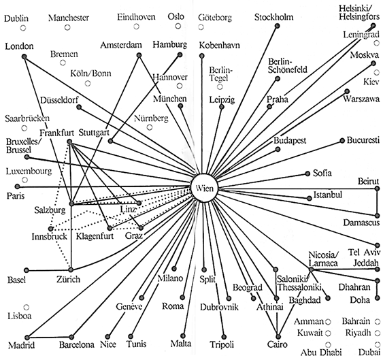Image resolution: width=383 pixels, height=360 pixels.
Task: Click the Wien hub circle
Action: coord(204,188)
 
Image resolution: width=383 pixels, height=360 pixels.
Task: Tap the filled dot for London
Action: coord(24,57)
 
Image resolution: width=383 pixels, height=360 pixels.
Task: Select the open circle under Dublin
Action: coord(23,28)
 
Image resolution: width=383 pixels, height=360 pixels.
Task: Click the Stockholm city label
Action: coord(273,17)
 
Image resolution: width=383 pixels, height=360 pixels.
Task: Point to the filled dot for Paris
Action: coord(17,186)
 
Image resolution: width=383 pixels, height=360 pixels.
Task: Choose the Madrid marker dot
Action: coord(28,338)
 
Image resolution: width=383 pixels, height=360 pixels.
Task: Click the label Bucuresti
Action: coord(363,140)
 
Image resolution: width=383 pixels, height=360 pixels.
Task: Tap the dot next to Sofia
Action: coord(307,174)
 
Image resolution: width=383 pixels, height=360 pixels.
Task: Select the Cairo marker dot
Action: coord(278,337)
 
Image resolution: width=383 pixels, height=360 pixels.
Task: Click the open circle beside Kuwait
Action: coord(329,333)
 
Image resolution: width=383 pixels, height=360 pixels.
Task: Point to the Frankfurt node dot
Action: coord(69,142)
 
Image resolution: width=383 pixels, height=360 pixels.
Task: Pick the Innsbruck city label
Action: coord(49,237)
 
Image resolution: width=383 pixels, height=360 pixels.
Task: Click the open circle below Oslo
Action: coord(178,26)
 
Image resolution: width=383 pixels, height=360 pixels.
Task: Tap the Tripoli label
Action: coord(222,344)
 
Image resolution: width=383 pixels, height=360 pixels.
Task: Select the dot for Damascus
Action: coord(377,215)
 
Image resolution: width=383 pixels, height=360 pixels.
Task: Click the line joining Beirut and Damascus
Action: coord(377,202)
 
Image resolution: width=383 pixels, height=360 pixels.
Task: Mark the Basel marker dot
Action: coord(27,270)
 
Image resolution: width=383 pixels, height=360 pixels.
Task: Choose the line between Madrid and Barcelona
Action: coord(50,338)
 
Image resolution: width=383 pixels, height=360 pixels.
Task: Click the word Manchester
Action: coord(69,18)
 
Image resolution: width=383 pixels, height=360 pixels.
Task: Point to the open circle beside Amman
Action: coord(328,322)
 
